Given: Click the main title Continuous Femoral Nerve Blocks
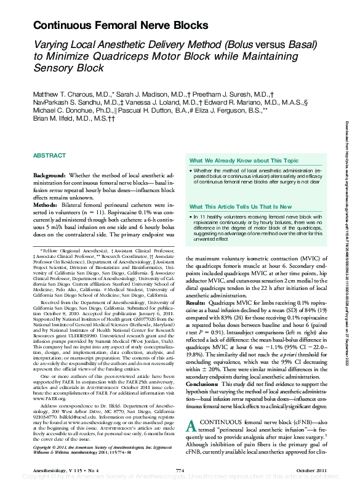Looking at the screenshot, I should (x=121, y=25).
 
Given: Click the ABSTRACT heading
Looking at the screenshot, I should (x=50, y=156).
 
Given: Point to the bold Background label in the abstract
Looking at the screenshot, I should (x=50, y=175).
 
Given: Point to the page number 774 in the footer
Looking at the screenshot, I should (x=180, y=471).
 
